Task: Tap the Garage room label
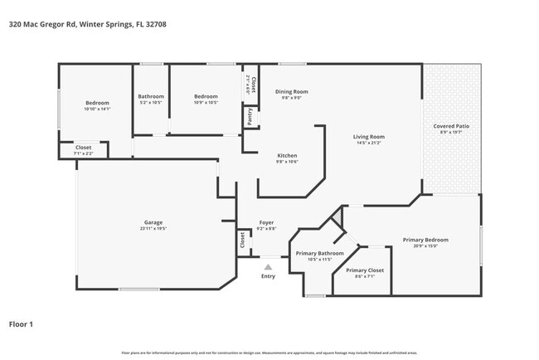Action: point(153,222)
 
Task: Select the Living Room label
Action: point(369,137)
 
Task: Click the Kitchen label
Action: point(287,155)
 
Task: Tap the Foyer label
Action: point(266,222)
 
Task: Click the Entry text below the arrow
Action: point(268,276)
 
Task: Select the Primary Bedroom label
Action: point(425,241)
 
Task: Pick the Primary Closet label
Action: point(364,270)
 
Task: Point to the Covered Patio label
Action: point(451,126)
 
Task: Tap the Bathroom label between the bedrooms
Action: point(151,96)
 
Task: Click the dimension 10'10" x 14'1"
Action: point(97,109)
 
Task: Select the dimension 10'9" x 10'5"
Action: point(205,103)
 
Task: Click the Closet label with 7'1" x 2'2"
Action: point(83,148)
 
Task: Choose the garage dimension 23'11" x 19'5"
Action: point(153,228)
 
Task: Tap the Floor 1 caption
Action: point(21,324)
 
